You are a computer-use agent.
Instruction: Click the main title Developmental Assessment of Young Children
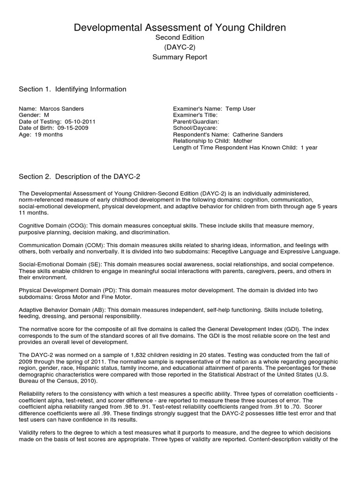pyautogui.click(x=180, y=28)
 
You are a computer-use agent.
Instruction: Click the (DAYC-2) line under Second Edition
pyautogui.click(x=180, y=47)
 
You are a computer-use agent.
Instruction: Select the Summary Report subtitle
pyautogui.click(x=180, y=57)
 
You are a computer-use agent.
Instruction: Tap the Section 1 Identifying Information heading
pyautogui.click(x=72, y=89)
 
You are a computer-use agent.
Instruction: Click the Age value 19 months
pyautogui.click(x=49, y=135)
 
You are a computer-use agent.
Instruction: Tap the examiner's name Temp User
pyautogui.click(x=240, y=109)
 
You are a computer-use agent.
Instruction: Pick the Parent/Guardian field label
pyautogui.click(x=193, y=121)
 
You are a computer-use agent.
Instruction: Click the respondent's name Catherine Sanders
pyautogui.click(x=258, y=135)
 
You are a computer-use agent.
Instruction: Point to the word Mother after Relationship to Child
pyautogui.click(x=242, y=141)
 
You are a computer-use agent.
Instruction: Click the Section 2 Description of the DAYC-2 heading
pyautogui.click(x=79, y=176)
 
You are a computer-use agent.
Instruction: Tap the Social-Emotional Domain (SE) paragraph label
pyautogui.click(x=57, y=265)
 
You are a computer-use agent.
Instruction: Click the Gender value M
pyautogui.click(x=46, y=115)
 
